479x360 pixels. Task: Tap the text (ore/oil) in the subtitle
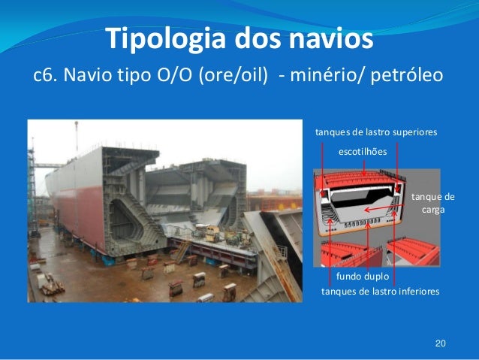[x=233, y=77]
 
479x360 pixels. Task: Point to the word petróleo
[x=405, y=77]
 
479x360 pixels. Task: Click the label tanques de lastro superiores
[x=375, y=132]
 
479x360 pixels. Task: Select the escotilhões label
[x=363, y=151]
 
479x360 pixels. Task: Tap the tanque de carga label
[x=432, y=204]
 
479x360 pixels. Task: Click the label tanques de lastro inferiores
[x=380, y=291]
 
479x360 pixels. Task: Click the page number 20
[x=440, y=343]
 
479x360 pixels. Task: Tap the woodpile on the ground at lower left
[x=52, y=286]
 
